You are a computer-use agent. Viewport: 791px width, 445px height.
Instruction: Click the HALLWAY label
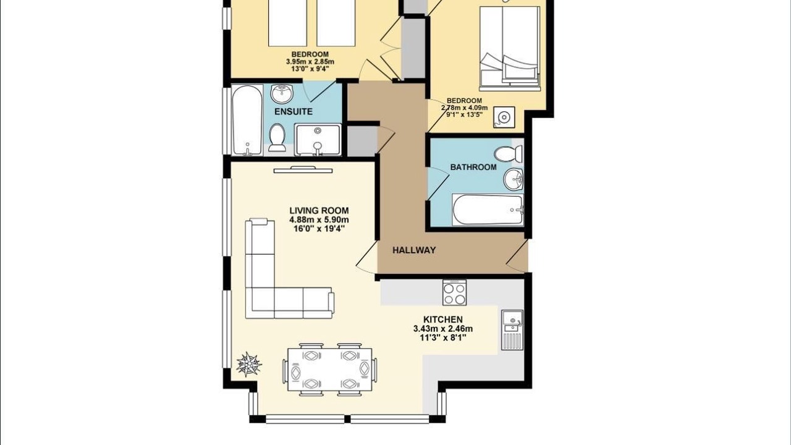[414, 250]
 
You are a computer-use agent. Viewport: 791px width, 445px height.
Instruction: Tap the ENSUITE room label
[294, 112]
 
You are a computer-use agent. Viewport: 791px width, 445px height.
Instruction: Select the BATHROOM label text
[473, 167]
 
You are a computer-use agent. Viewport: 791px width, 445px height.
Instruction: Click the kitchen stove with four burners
[454, 292]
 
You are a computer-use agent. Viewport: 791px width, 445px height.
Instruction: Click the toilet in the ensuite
[277, 138]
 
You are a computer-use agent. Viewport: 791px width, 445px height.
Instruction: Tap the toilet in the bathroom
[508, 155]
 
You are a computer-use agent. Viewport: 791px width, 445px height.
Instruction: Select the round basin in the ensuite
[282, 93]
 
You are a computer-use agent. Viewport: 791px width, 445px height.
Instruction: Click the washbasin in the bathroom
[514, 179]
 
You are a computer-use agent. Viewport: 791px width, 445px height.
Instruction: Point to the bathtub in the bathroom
[488, 210]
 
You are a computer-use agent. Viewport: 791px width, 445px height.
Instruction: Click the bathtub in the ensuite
[247, 121]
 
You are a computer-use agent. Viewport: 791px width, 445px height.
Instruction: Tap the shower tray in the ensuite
[318, 140]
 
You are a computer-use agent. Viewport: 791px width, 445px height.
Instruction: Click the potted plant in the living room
[249, 364]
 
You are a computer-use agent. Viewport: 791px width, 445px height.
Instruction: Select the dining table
[330, 370]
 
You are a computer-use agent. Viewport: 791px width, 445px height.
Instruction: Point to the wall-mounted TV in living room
[303, 170]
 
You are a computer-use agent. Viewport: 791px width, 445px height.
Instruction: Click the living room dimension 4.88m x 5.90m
[319, 220]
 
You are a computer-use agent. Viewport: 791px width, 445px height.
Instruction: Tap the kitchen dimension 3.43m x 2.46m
[443, 329]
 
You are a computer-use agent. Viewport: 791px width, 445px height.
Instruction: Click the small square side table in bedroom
[504, 117]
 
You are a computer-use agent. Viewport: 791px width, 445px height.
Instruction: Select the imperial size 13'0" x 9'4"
[310, 69]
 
